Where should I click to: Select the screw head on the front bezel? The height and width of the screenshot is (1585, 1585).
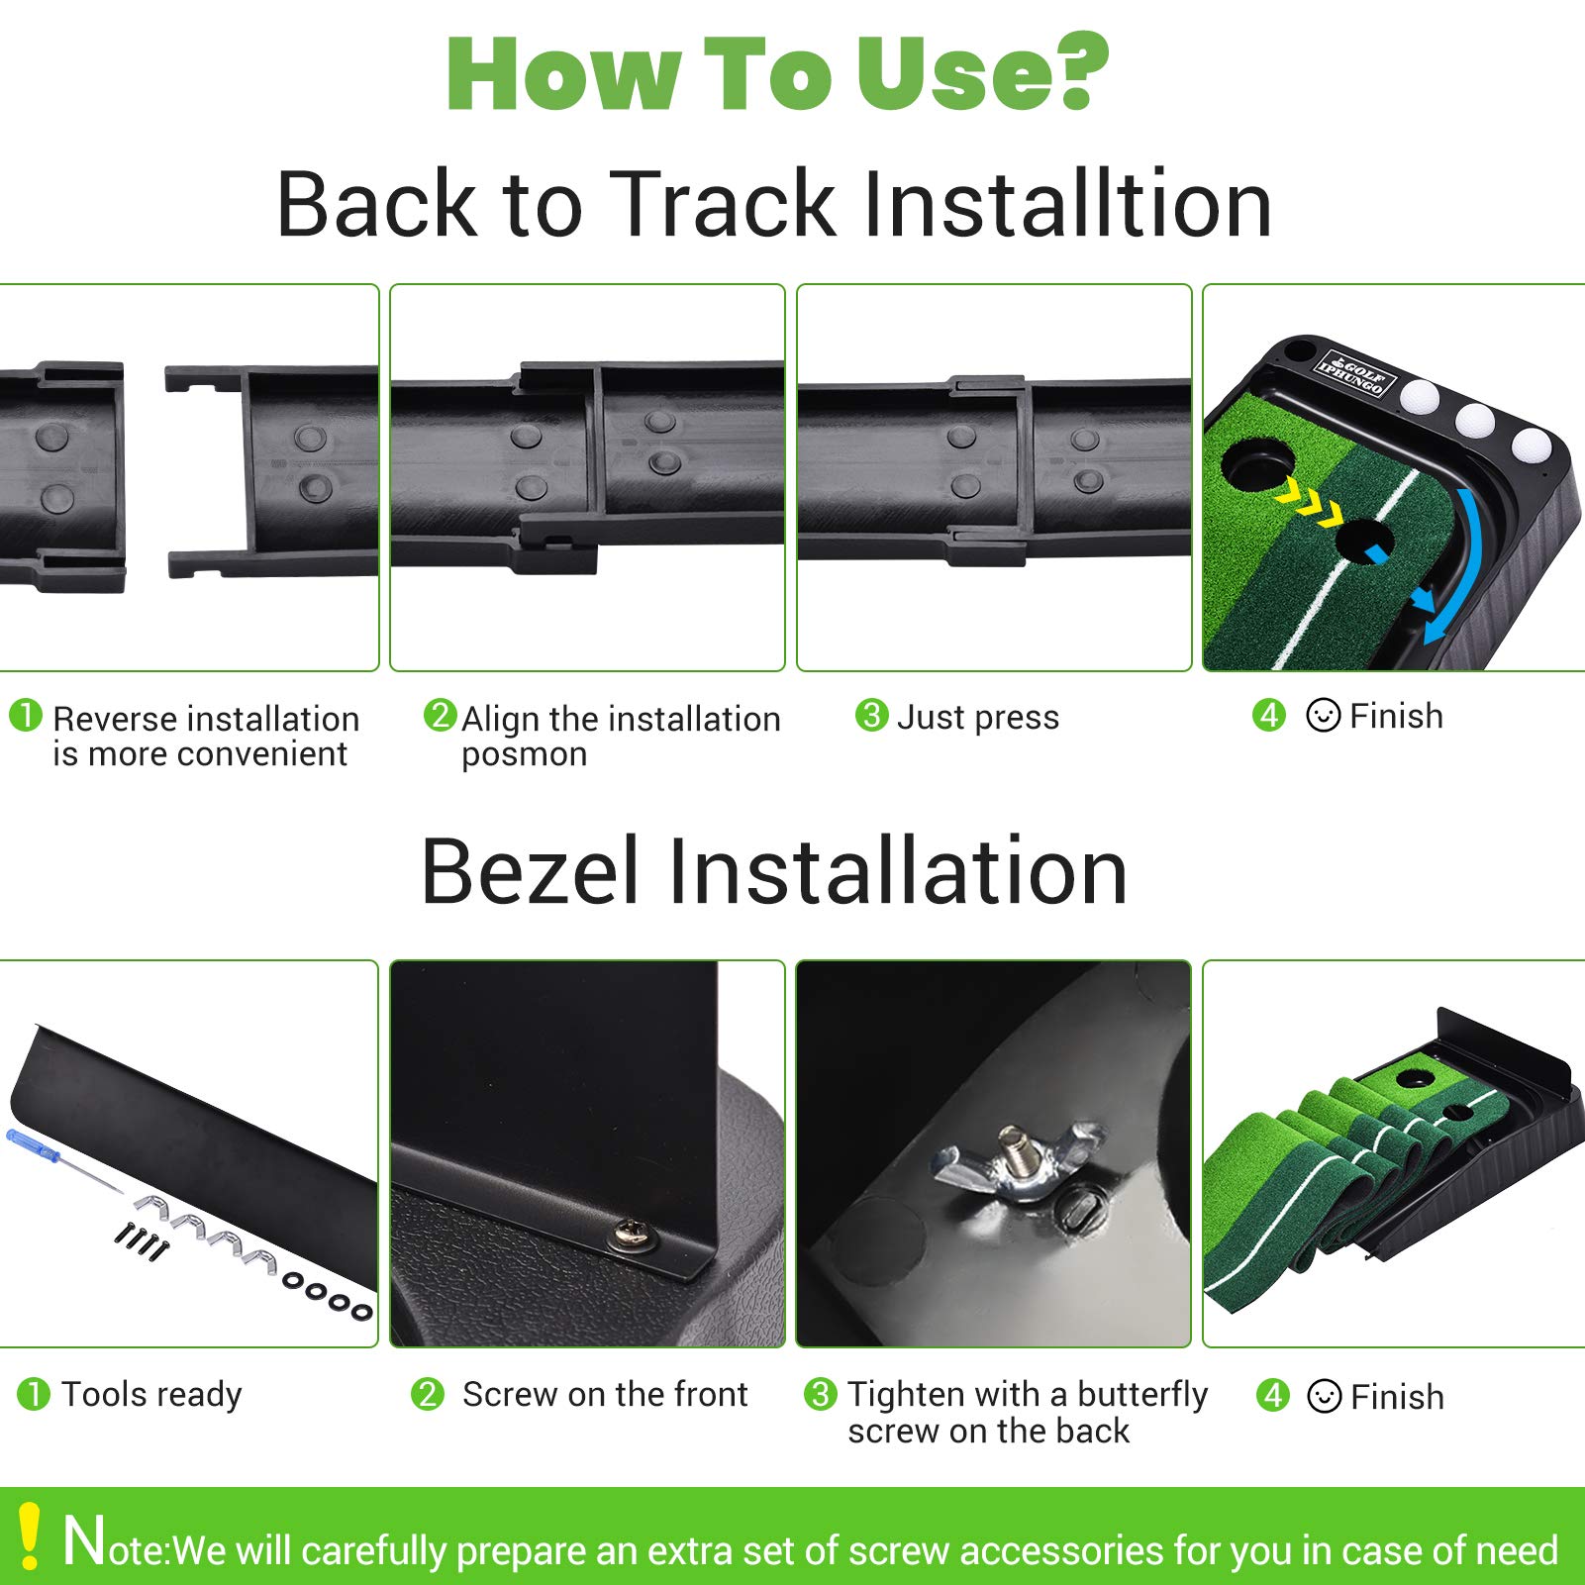627,1232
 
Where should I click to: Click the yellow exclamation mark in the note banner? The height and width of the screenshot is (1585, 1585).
30,1535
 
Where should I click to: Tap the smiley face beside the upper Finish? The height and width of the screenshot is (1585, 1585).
1324,715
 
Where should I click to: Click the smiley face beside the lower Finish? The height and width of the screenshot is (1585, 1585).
1325,1396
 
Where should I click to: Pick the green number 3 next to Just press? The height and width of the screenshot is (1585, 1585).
871,715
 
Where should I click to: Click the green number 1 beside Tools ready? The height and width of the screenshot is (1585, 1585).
34,1395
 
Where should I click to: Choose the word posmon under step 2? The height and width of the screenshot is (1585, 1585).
524,755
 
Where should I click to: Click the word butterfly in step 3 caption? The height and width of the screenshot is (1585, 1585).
1142,1395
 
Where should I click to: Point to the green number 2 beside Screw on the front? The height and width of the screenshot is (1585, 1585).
428,1395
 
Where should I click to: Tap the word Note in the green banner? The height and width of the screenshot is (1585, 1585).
116,1542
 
